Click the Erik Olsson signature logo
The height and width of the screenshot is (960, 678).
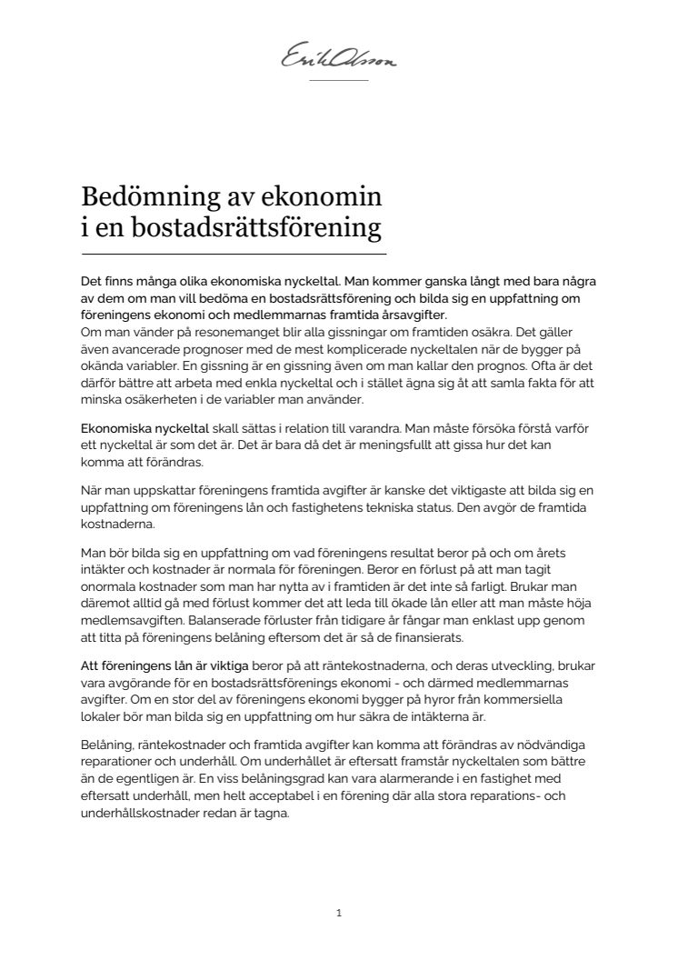click(339, 60)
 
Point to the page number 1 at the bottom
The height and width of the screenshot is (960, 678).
click(338, 913)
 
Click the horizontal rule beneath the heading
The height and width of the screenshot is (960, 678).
click(234, 254)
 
